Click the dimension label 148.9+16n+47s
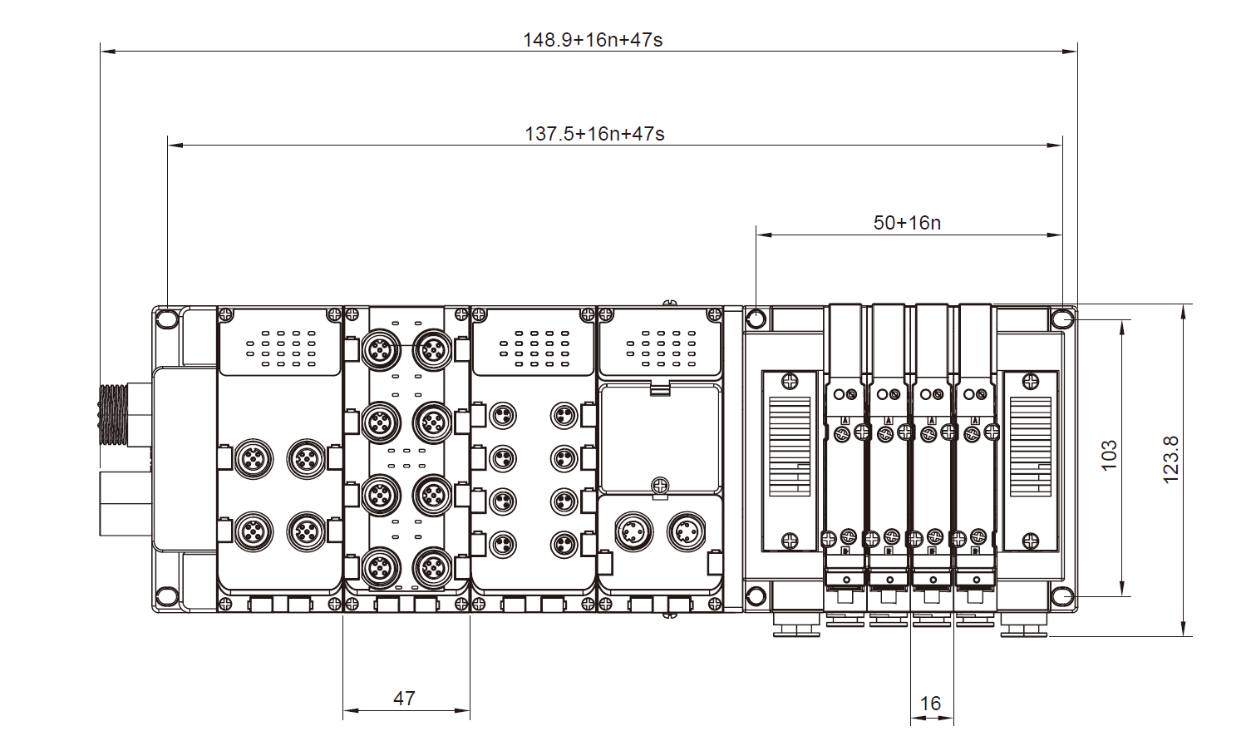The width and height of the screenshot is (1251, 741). click(592, 39)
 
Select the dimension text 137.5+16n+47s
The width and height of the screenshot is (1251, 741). click(594, 133)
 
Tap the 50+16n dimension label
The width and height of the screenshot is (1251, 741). click(907, 222)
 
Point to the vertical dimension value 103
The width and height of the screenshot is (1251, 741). click(1109, 456)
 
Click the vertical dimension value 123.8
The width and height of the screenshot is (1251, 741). click(1170, 459)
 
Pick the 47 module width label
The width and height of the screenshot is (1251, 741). click(404, 698)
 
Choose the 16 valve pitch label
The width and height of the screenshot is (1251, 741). click(930, 704)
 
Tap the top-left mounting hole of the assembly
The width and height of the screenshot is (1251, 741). click(166, 319)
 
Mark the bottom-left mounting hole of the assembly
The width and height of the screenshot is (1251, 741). click(166, 596)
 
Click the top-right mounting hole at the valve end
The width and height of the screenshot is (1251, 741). click(1063, 319)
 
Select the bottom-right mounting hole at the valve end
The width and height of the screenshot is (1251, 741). click(1063, 596)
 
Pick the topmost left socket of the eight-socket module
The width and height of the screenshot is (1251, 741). click(381, 349)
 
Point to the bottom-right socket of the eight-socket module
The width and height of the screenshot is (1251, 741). click(432, 569)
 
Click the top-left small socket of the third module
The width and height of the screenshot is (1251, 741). click(503, 415)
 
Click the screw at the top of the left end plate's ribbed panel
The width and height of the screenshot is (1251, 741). click(789, 381)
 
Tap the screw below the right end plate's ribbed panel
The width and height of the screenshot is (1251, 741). click(1031, 541)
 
